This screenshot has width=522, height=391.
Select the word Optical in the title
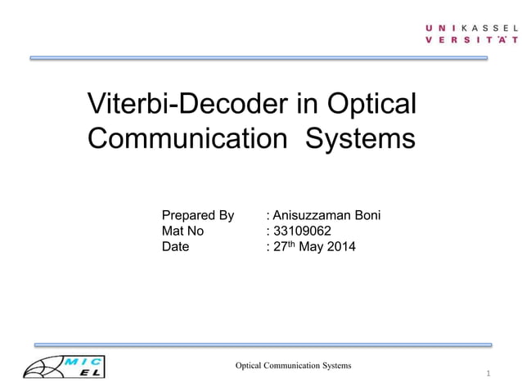(372, 104)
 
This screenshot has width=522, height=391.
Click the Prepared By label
(198, 216)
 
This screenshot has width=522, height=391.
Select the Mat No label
(183, 231)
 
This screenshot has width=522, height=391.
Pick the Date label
(175, 246)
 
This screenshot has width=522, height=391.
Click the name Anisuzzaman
(312, 216)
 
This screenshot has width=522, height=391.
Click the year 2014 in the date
(340, 246)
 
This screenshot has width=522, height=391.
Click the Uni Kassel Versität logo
(470, 34)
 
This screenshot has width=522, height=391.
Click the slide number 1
(487, 375)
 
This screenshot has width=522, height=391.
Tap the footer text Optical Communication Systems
(294, 365)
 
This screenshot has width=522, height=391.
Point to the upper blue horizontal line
(259, 58)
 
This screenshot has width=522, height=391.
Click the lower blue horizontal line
(262, 345)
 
